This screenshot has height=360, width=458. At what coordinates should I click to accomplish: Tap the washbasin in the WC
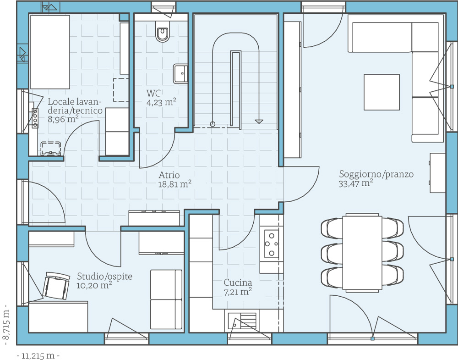click(180, 73)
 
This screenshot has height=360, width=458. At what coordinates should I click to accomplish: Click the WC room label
click(153, 93)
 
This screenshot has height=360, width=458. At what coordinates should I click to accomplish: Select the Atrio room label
click(169, 175)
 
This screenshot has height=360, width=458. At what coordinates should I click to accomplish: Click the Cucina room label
click(238, 282)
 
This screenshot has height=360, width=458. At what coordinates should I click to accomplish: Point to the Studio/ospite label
click(104, 277)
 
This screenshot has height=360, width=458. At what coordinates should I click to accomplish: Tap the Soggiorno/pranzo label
click(376, 174)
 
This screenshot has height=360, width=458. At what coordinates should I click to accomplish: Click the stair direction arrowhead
click(259, 122)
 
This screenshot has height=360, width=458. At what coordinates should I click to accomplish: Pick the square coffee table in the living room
click(382, 92)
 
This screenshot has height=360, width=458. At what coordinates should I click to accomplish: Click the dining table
click(362, 252)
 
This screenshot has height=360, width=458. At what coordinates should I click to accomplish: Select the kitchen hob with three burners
click(271, 244)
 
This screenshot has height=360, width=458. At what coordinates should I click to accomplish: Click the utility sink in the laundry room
click(51, 148)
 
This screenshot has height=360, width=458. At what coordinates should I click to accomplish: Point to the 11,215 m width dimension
click(38, 356)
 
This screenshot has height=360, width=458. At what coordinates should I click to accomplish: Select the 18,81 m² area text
click(174, 184)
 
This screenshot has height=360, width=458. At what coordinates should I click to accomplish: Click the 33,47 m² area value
click(356, 183)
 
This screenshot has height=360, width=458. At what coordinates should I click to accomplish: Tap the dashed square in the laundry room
click(121, 90)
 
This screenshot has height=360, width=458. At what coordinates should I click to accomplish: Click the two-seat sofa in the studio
click(166, 299)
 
